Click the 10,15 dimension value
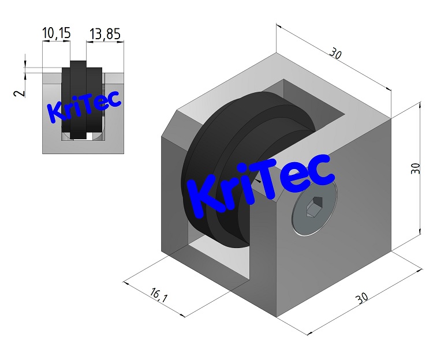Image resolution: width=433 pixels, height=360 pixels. (x=57, y=33)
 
